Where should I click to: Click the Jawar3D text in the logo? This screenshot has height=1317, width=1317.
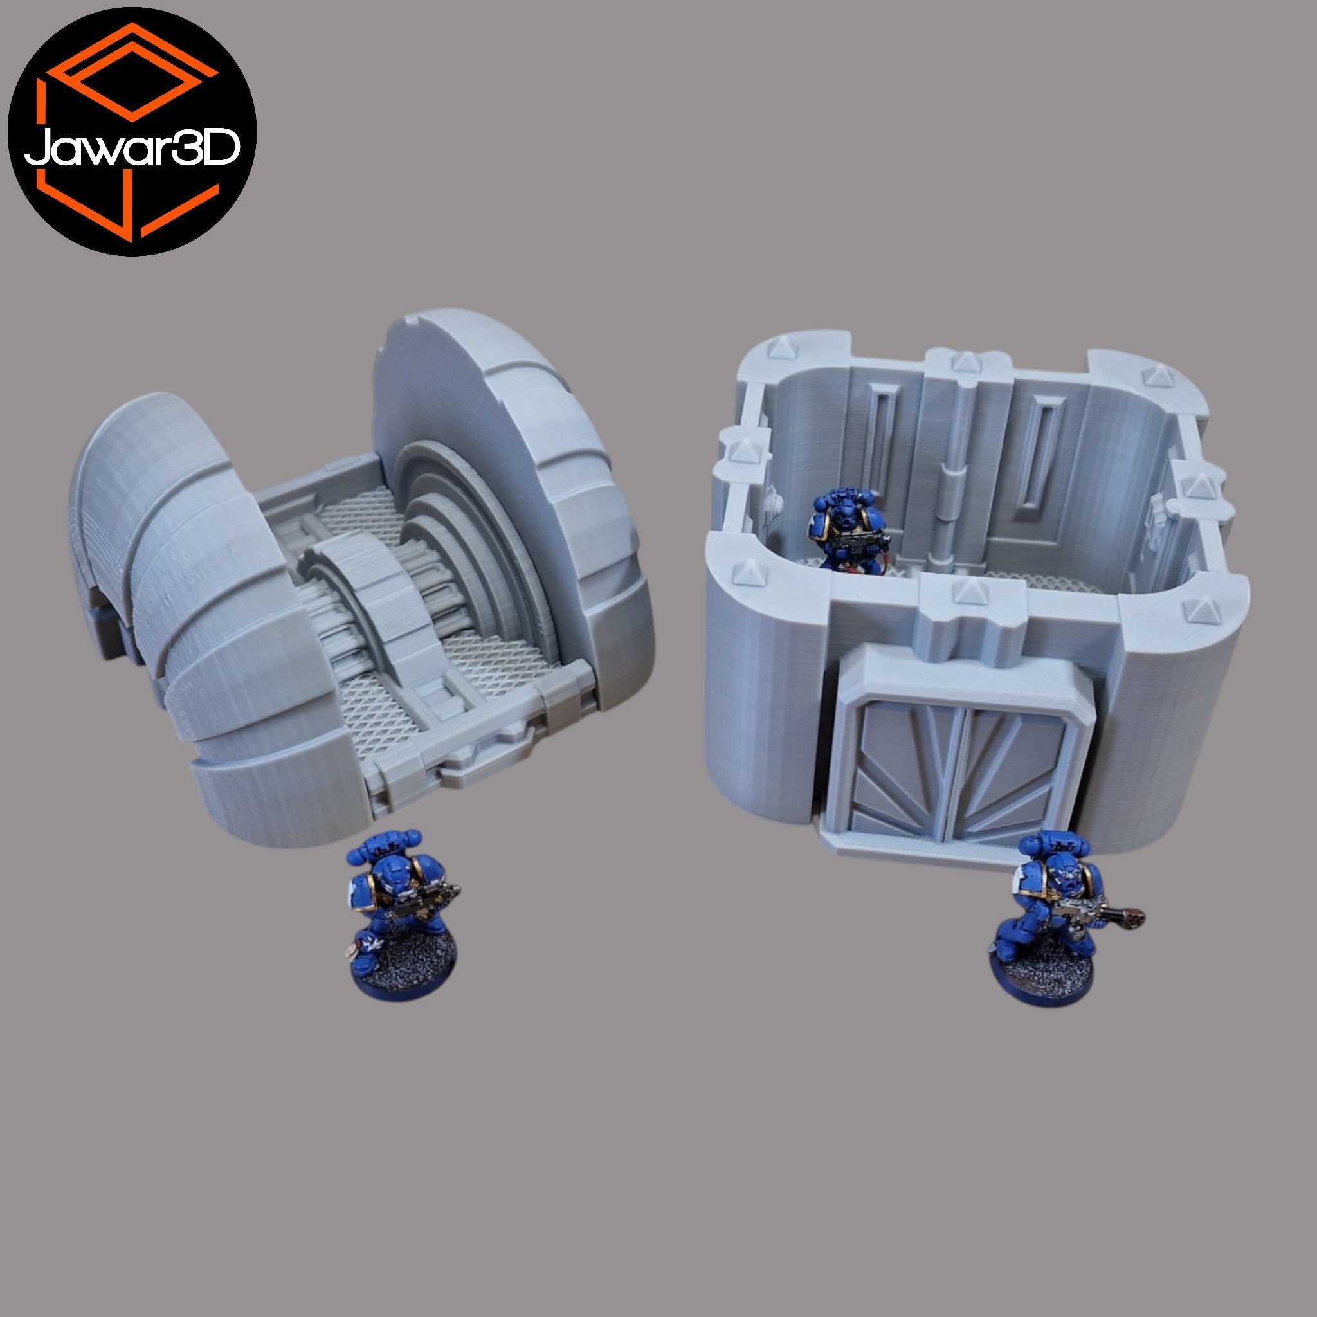pyautogui.click(x=132, y=146)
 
